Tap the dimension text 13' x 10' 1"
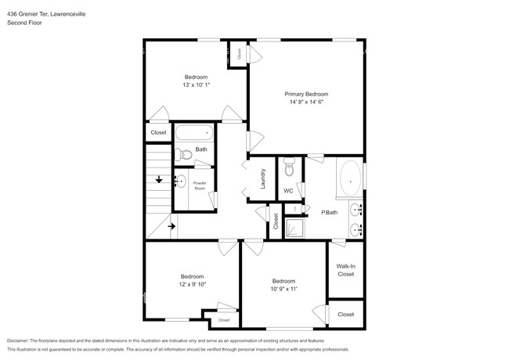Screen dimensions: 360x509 point(196,85)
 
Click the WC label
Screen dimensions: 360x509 point(288,190)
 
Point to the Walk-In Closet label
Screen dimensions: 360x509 point(345,270)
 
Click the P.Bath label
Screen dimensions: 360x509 point(329,212)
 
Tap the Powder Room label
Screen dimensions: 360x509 point(199,186)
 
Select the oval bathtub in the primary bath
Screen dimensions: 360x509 point(350,178)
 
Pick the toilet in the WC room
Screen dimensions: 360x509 point(290,166)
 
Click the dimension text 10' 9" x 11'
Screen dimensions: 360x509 point(283,289)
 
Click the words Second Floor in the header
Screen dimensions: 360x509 point(24,23)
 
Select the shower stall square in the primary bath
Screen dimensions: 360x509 point(293,227)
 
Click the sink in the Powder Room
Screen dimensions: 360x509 point(181,183)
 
